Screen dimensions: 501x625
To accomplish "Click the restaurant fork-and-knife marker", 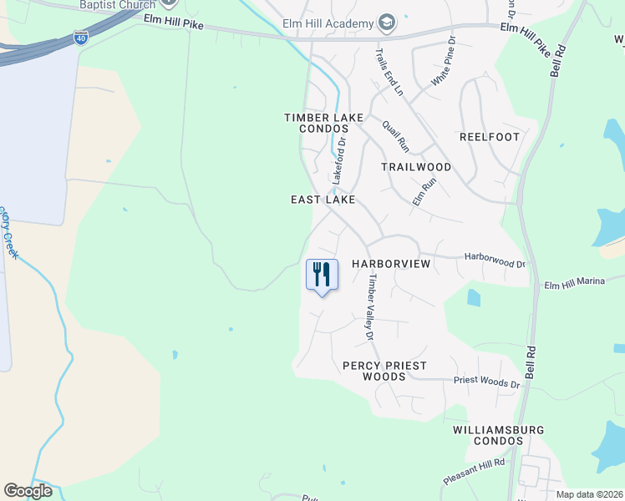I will (x=322, y=275).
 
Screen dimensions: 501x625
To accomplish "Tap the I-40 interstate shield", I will (x=80, y=38).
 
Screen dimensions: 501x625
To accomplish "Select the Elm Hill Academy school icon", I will (x=386, y=23).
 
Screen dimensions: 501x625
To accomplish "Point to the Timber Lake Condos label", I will (x=323, y=124).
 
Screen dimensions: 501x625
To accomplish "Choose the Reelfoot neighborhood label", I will (x=490, y=137).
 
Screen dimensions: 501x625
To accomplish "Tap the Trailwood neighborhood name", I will (x=416, y=167).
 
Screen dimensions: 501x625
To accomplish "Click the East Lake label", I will (x=323, y=200).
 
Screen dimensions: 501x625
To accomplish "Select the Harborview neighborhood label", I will (x=390, y=264).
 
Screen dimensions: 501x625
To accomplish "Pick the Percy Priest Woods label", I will (x=384, y=371).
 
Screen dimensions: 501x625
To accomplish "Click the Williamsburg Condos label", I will (x=498, y=435).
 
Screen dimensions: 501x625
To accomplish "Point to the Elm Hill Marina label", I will (x=574, y=282).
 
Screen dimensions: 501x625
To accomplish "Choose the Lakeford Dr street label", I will (x=339, y=162).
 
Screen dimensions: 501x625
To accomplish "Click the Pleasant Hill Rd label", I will (x=475, y=473).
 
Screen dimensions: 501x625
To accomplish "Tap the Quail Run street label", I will (x=395, y=136).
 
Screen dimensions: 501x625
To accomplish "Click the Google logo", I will (x=28, y=491).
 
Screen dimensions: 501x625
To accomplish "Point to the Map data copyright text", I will (x=588, y=494).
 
